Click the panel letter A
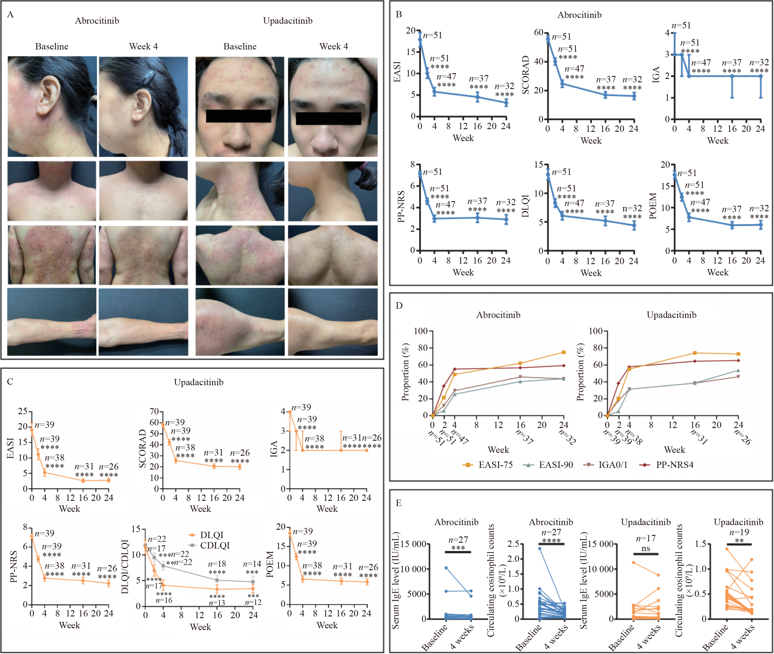[10, 15]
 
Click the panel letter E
[399, 503]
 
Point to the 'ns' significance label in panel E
[645, 548]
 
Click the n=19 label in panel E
[739, 532]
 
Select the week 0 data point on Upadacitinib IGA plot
[290, 412]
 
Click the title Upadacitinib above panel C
[199, 382]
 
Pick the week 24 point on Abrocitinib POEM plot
[761, 225]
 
